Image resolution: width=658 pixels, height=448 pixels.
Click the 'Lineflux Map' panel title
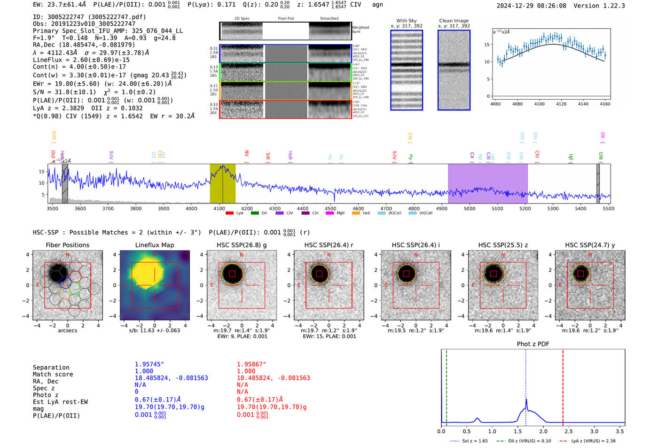(154, 245)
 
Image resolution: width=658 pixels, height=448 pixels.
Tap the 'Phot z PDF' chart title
(533, 344)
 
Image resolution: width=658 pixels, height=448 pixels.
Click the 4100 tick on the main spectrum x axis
(219, 208)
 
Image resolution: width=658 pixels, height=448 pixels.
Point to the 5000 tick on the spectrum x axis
(470, 208)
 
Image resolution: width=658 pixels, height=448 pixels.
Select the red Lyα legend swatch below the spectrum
(229, 213)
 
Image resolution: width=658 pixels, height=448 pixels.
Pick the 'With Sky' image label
(407, 21)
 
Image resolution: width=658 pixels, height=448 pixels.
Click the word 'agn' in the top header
(377, 5)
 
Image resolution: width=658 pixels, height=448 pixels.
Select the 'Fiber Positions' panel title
(67, 245)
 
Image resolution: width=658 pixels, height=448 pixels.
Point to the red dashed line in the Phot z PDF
(563, 385)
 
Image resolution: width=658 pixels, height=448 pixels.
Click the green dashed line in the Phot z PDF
(446, 385)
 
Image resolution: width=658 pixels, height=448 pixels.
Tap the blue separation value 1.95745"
(149, 364)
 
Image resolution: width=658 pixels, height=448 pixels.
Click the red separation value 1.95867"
(251, 364)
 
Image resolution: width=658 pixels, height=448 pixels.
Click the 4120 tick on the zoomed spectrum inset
(561, 104)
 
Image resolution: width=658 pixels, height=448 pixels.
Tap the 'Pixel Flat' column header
(286, 19)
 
